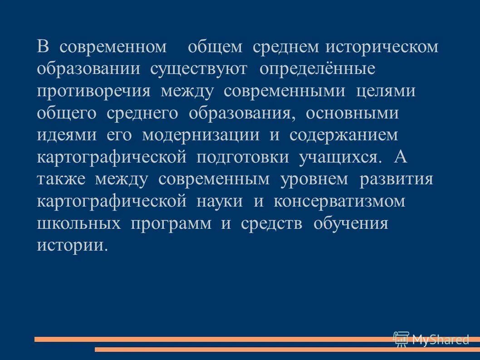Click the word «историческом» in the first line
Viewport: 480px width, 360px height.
click(382, 47)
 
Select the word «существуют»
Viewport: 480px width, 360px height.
click(199, 69)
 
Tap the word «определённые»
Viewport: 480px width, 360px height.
click(318, 69)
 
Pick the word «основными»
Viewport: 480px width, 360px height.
click(352, 113)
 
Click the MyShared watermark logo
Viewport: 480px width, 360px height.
click(431, 339)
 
